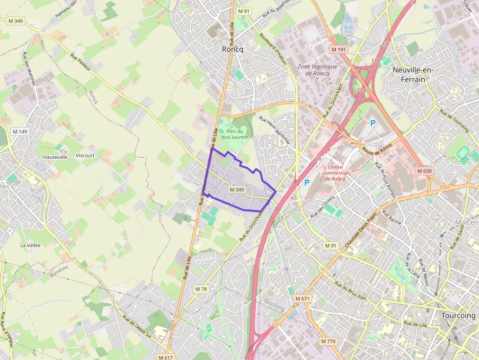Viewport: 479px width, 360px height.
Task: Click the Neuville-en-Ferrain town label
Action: pyautogui.click(x=413, y=74)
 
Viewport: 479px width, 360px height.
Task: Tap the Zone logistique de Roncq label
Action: pyautogui.click(x=318, y=70)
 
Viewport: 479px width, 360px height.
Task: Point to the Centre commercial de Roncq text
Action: pyautogui.click(x=335, y=172)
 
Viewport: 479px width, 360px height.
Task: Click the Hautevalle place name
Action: pyautogui.click(x=55, y=157)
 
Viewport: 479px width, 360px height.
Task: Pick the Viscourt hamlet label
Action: pyautogui.click(x=86, y=155)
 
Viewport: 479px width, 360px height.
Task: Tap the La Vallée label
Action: pyautogui.click(x=30, y=245)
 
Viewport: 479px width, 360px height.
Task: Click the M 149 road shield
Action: pyautogui.click(x=20, y=131)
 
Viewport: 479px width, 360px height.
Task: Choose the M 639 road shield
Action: pyautogui.click(x=425, y=171)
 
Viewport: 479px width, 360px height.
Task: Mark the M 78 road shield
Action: pyautogui.click(x=201, y=289)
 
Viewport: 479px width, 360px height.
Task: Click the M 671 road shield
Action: pyautogui.click(x=303, y=298)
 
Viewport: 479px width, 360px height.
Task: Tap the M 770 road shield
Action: pyautogui.click(x=328, y=341)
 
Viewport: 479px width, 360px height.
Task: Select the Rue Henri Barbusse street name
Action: pyautogui.click(x=275, y=132)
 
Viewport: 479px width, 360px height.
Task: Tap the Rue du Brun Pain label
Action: pyautogui.click(x=350, y=290)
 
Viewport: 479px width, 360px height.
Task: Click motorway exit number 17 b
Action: pyautogui.click(x=375, y=61)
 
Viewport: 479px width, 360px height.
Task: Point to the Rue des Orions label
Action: pyautogui.click(x=321, y=207)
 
